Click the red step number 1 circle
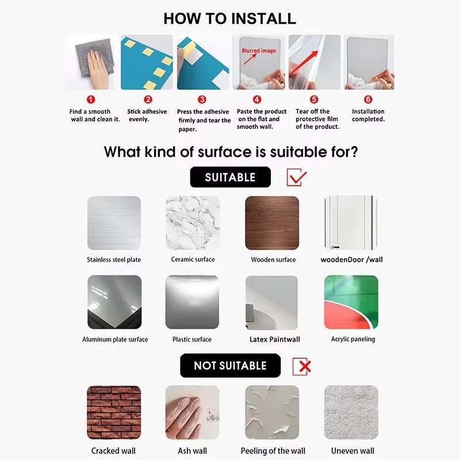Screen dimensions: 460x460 (x=90, y=99)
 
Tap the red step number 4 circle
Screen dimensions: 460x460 (x=257, y=99)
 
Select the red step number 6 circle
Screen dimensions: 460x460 (x=369, y=99)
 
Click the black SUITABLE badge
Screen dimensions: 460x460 (x=230, y=177)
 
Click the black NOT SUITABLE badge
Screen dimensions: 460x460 (x=230, y=365)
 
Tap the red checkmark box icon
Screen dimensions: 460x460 (x=297, y=177)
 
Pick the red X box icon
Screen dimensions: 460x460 (x=302, y=366)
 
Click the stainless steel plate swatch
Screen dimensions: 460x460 (x=114, y=223)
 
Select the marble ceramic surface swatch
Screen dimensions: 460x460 (x=193, y=223)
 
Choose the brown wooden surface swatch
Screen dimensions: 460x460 (x=272, y=223)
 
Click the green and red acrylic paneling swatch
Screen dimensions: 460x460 (x=351, y=302)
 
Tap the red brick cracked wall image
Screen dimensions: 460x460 (x=114, y=412)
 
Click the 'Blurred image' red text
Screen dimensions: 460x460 (x=258, y=51)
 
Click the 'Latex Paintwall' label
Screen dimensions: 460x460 (x=275, y=339)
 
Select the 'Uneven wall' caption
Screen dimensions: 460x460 (x=352, y=451)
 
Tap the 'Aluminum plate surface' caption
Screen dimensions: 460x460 (x=115, y=339)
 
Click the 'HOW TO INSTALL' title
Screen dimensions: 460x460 (x=230, y=18)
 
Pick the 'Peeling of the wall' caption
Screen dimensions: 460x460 (x=273, y=451)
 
